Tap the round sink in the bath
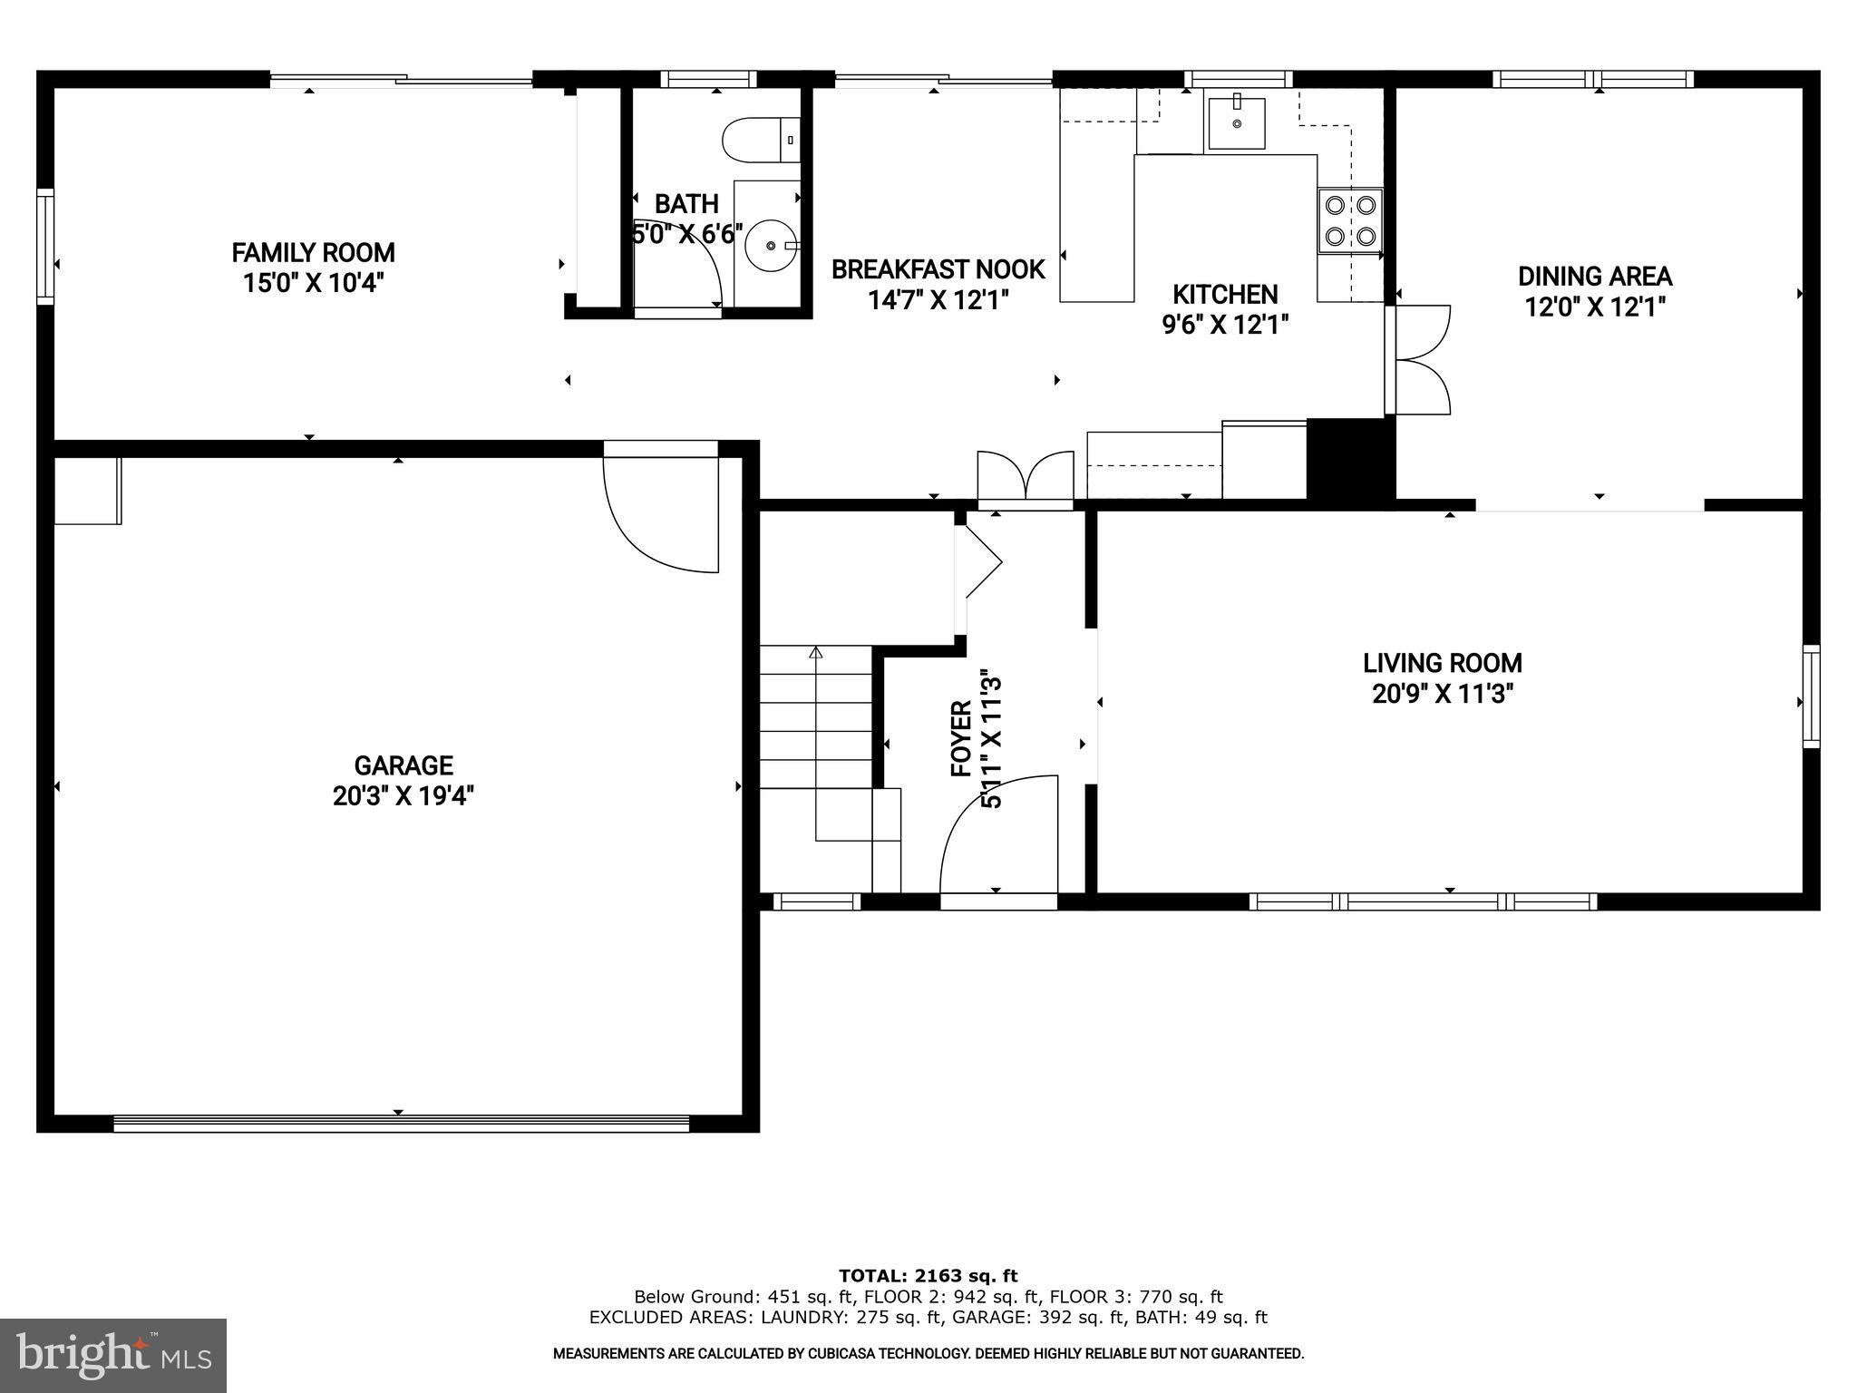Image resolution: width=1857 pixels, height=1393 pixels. [x=770, y=245]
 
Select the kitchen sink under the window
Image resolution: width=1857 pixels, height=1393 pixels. [x=1236, y=122]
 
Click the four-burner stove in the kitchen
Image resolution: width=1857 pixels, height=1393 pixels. [x=1350, y=220]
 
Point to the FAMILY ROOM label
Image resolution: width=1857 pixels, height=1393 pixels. [x=313, y=252]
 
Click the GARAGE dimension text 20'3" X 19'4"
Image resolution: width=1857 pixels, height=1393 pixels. [x=403, y=796]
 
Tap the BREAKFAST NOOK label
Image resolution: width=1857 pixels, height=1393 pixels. [x=938, y=269]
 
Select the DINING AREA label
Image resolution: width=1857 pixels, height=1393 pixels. [x=1595, y=276]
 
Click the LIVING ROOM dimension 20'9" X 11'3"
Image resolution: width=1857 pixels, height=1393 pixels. [x=1443, y=694]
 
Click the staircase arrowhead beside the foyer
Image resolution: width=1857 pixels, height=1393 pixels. [x=815, y=651]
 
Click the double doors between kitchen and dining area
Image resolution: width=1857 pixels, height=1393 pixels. [x=1422, y=360]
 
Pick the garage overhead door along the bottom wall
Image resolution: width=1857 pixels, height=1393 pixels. [x=401, y=1123]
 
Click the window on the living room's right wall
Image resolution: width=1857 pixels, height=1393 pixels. [x=1810, y=696]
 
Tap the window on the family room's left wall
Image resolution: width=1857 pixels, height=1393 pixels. [x=44, y=246]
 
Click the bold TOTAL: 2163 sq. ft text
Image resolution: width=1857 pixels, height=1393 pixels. [x=928, y=1276]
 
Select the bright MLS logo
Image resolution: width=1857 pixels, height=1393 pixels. [x=113, y=1355]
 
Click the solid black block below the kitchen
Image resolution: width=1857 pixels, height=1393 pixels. [x=1348, y=459]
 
